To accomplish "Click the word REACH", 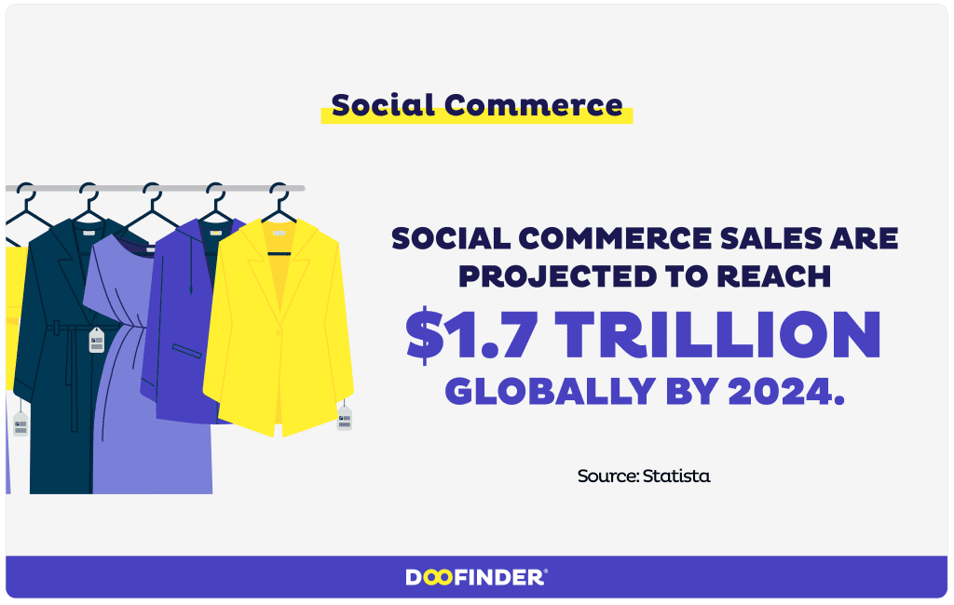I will pos(779,277).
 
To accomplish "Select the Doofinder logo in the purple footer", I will pos(477,578).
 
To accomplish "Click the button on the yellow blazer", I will pos(277,333).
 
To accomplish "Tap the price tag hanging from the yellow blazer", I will pos(345,418).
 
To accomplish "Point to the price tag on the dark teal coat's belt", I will pos(96,341).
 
